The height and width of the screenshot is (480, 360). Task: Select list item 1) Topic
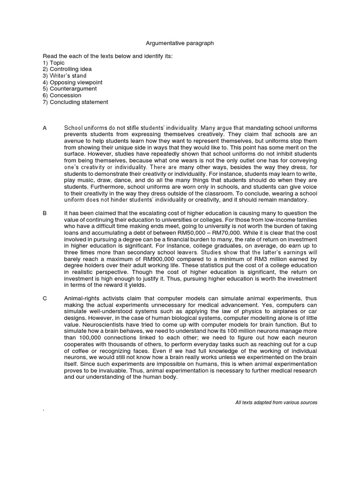[53, 62]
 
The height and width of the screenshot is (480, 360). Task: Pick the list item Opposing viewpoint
[72, 82]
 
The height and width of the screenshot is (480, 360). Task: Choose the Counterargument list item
[70, 89]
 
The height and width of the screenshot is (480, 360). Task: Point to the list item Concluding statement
[75, 102]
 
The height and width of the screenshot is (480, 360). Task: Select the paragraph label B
[45, 213]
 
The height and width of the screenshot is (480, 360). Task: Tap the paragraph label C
[45, 298]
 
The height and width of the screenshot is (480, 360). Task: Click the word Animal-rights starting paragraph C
[82, 298]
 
